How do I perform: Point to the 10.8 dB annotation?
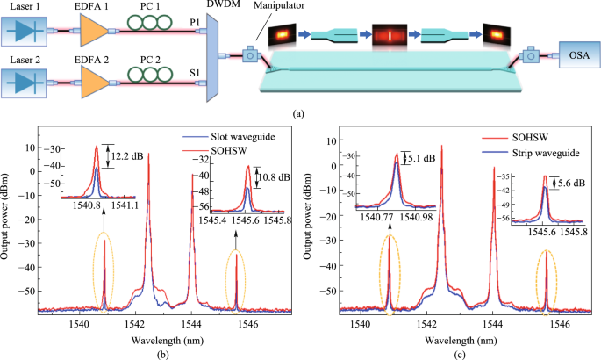tap(270, 178)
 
